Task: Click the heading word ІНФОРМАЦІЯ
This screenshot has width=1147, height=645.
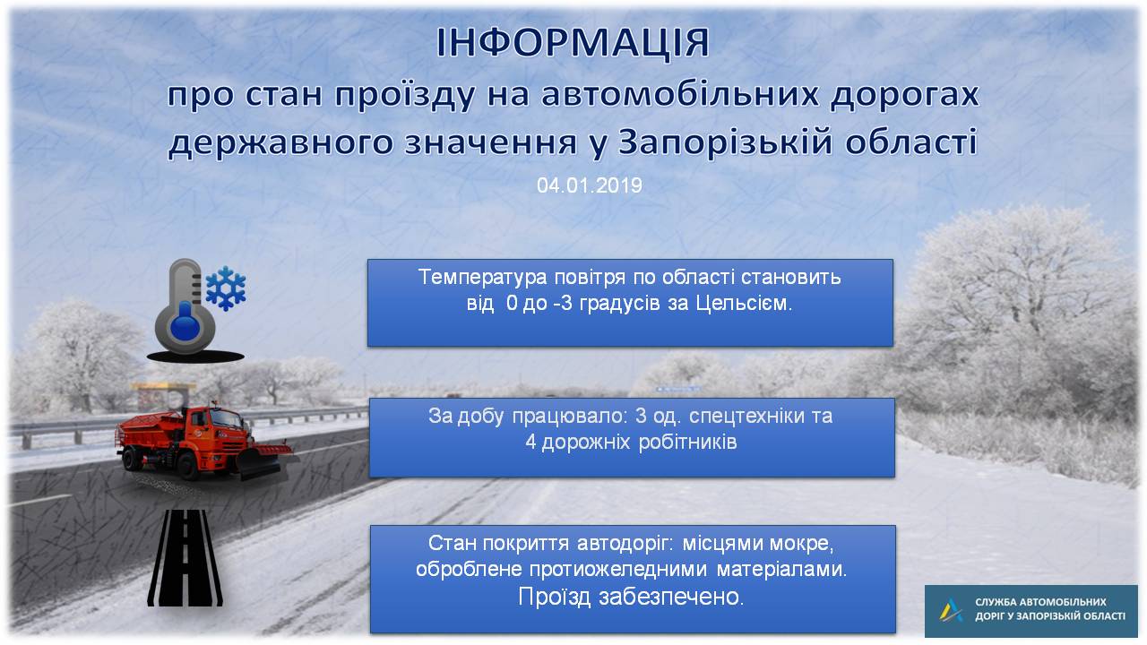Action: (x=573, y=44)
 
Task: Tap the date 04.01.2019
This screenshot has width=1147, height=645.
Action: (x=590, y=185)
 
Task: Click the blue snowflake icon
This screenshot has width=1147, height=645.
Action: (x=225, y=288)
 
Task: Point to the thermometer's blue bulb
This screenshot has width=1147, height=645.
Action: (x=185, y=326)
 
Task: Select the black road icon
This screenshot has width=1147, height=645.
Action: (x=185, y=558)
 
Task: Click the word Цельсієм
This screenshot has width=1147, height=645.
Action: (x=743, y=304)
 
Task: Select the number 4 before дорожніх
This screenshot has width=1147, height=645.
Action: (x=530, y=443)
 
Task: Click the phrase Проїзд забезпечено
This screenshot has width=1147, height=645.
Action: (x=631, y=597)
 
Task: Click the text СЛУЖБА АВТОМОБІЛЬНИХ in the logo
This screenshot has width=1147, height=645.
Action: (x=1040, y=602)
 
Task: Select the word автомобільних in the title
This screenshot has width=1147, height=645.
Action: (x=680, y=95)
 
